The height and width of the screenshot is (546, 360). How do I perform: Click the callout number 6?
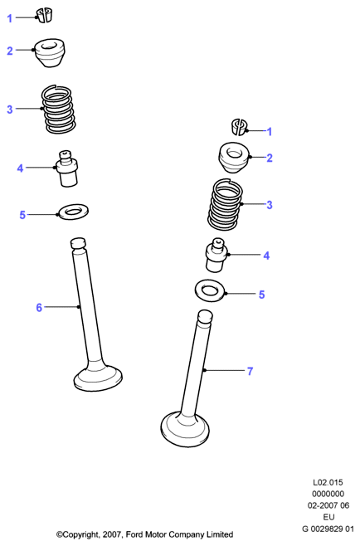[39, 308]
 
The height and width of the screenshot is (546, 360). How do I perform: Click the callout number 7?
[250, 371]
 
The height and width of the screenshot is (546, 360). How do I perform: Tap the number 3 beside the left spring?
[10, 110]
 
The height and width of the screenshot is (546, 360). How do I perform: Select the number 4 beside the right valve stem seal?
[266, 256]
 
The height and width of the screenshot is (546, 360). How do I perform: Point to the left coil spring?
[59, 109]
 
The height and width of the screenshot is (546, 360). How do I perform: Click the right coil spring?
[225, 204]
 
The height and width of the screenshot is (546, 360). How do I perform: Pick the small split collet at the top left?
[44, 16]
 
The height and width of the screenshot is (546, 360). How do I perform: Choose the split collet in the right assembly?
[239, 127]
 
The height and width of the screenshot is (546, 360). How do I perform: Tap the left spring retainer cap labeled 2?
[49, 53]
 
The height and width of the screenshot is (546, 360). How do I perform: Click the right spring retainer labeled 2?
[233, 158]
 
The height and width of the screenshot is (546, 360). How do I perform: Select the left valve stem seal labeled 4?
[67, 168]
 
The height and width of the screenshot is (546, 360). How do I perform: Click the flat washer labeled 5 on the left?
[73, 212]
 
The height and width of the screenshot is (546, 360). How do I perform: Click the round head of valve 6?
[98, 378]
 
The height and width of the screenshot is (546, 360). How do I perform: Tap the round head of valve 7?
[185, 429]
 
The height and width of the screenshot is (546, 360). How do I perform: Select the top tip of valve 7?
[205, 317]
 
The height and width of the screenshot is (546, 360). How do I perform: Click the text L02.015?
[328, 483]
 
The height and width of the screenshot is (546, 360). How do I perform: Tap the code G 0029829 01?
[328, 529]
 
